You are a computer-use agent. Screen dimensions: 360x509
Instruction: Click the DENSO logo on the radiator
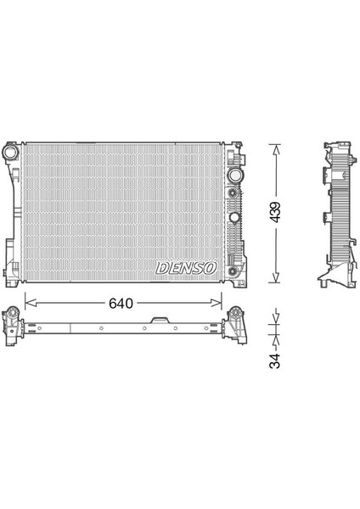(x=186, y=268)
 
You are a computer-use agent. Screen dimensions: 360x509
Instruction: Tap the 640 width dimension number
(x=121, y=303)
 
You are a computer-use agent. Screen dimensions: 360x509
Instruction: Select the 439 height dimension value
(x=275, y=213)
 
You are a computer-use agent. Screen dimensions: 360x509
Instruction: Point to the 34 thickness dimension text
(x=275, y=361)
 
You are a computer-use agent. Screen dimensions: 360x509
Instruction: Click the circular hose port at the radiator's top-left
(x=11, y=152)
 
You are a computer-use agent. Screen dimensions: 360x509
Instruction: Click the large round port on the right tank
(x=234, y=176)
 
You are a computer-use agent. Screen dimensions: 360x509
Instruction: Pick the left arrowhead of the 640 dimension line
(x=31, y=303)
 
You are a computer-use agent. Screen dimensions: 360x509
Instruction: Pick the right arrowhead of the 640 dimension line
(x=217, y=303)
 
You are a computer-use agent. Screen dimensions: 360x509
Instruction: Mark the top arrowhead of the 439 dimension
(x=276, y=149)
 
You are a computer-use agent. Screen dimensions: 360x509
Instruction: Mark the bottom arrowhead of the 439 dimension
(x=276, y=277)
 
